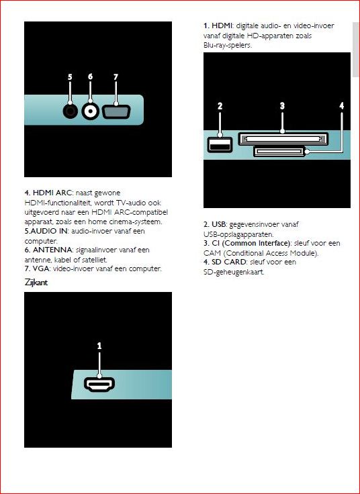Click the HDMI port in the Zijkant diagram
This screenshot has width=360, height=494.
99,384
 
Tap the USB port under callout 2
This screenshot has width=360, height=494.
220,145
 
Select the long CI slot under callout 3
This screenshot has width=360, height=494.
283,139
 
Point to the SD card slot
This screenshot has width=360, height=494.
279,152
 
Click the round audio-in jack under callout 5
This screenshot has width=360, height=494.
70,111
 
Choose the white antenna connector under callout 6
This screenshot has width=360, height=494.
91,111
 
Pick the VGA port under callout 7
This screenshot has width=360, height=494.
116,111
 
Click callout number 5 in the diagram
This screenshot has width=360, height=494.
70,77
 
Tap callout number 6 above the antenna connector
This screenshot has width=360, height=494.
91,77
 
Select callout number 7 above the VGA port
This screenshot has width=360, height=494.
116,77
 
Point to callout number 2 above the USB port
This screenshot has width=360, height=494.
220,106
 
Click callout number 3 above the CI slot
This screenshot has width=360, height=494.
282,106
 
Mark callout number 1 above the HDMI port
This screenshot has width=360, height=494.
99,346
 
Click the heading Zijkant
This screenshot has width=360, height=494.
36,283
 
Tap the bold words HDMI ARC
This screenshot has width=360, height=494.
52,193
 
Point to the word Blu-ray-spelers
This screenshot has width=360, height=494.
228,46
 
